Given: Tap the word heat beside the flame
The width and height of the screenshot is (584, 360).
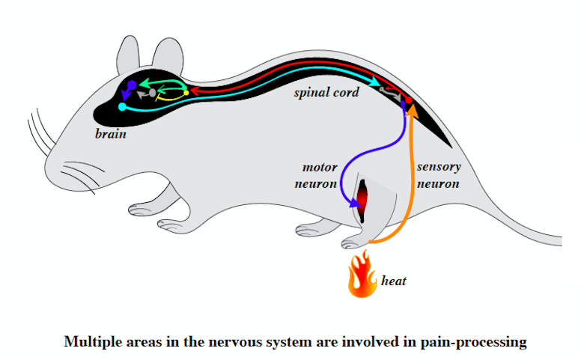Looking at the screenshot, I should point(395,281).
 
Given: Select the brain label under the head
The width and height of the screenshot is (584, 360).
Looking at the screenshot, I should point(110,135).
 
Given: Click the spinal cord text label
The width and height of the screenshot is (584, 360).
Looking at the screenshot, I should point(326,92).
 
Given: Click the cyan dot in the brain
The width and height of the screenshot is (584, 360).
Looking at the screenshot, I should point(122,107).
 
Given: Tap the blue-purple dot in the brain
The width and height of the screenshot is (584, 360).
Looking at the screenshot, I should point(132,85).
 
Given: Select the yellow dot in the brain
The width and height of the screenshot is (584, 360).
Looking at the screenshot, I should point(186,93).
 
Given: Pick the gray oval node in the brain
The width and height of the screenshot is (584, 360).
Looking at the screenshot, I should point(153,93).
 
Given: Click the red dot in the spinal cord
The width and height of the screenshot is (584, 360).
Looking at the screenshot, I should point(409,100).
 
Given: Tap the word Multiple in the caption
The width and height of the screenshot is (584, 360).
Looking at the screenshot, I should point(92,342).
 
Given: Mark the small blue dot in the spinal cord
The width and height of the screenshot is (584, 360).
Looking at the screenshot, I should point(403,106).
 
